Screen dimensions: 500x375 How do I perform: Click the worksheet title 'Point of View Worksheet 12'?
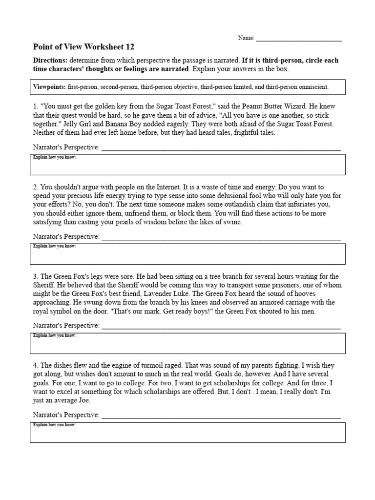(83, 47)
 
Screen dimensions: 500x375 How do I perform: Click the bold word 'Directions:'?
(50, 61)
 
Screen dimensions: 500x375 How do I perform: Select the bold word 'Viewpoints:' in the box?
(49, 87)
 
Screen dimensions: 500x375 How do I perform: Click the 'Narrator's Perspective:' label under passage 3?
(66, 326)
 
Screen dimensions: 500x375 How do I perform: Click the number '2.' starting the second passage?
(36, 187)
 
